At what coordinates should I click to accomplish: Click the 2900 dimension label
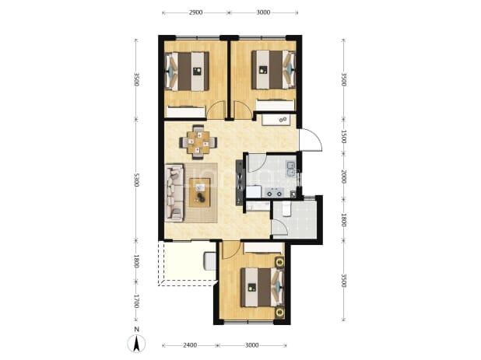(x=195, y=12)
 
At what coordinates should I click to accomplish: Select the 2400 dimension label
(x=190, y=345)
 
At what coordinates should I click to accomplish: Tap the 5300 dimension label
(x=136, y=180)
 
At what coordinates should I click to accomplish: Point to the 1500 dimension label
(x=343, y=137)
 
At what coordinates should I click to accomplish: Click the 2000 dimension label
(x=343, y=177)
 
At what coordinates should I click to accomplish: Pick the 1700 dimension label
(x=136, y=301)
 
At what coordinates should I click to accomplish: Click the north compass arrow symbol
(x=136, y=343)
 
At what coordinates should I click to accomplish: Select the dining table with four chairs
(x=198, y=142)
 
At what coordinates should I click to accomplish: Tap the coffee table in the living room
(x=200, y=192)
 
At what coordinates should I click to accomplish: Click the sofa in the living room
(x=174, y=192)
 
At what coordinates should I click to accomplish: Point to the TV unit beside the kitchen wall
(x=239, y=183)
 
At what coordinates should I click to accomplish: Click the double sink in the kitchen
(x=291, y=170)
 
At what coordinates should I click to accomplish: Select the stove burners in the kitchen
(x=274, y=193)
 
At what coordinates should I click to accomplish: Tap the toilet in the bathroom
(x=286, y=209)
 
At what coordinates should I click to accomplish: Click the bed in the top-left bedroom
(x=187, y=72)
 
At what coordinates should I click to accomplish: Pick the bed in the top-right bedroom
(x=274, y=70)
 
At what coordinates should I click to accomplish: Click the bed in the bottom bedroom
(x=262, y=287)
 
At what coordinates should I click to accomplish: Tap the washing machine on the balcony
(x=210, y=261)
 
